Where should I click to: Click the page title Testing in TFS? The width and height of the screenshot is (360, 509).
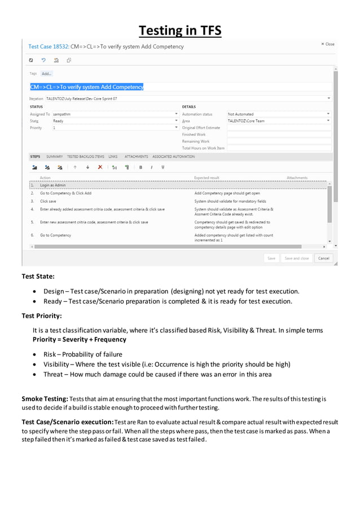180,30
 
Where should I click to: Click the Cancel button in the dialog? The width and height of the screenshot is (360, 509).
323,258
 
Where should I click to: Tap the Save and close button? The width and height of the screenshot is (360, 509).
296,258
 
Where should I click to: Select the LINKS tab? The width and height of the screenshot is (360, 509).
113,156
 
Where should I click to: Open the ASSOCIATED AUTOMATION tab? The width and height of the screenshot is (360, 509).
173,156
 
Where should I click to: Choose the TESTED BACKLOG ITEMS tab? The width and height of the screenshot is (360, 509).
85,156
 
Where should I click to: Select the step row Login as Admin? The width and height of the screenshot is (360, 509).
53,185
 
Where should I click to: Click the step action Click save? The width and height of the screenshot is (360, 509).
48,201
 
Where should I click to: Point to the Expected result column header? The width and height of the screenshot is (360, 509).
207,178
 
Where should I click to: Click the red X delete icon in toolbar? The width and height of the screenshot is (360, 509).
100,167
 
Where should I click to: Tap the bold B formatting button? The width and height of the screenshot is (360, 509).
141,167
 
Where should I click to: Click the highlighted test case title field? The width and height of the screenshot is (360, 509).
87,87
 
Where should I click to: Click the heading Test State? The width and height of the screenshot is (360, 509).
38,277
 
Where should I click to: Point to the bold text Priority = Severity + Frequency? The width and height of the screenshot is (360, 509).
79,340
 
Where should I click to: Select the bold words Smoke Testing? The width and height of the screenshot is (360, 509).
45,399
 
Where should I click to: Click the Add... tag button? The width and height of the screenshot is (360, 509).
46,73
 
